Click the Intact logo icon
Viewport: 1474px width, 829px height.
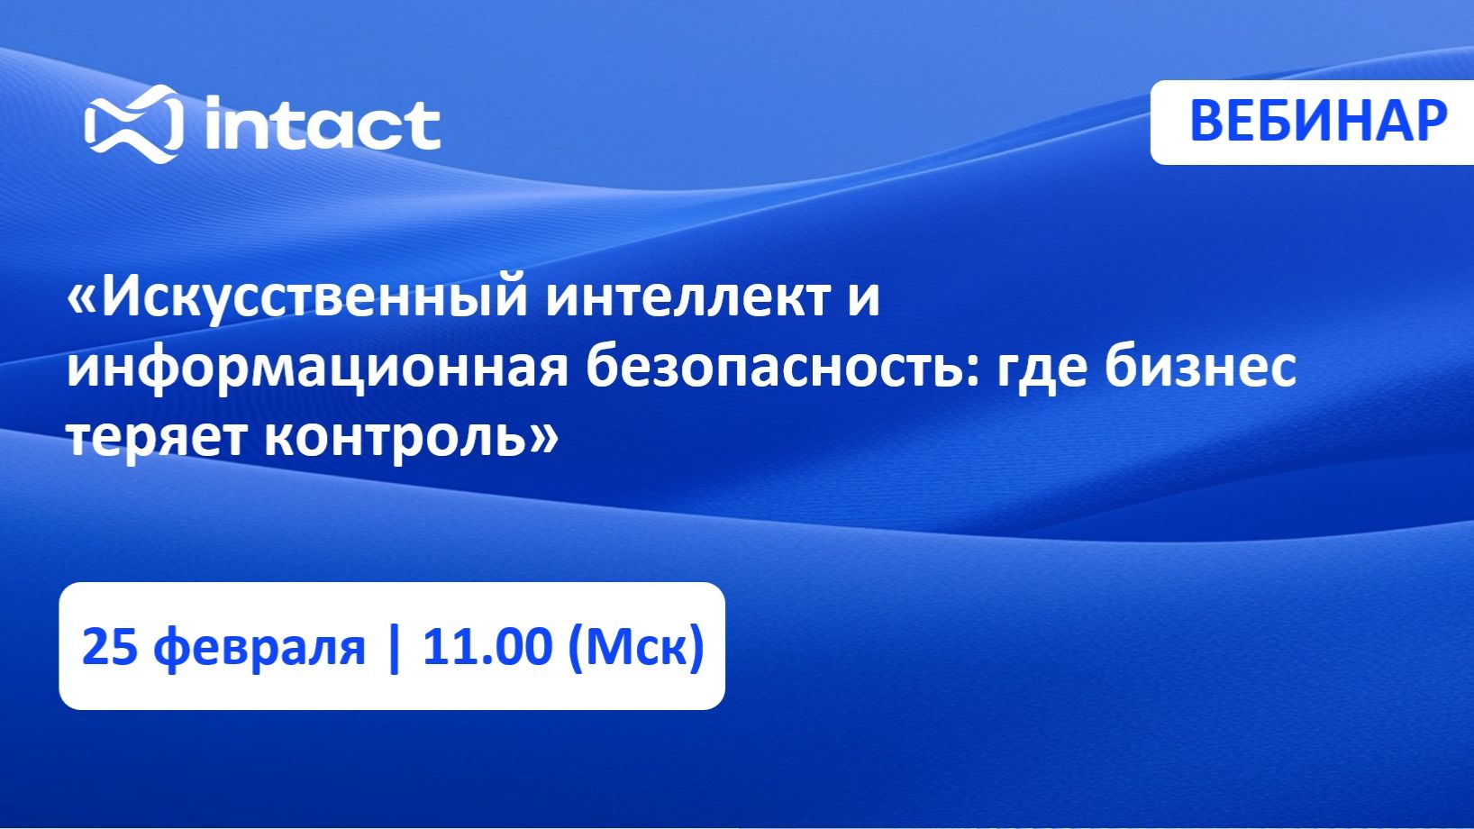pyautogui.click(x=132, y=124)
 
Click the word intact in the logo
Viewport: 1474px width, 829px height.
pyautogui.click(x=323, y=125)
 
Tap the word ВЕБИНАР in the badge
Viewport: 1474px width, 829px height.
pyautogui.click(x=1318, y=121)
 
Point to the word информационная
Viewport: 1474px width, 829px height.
pyautogui.click(x=317, y=367)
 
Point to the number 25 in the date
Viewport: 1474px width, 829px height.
pyautogui.click(x=109, y=647)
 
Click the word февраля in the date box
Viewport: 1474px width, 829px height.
pyautogui.click(x=259, y=648)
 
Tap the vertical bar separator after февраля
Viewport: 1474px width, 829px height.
pyautogui.click(x=393, y=647)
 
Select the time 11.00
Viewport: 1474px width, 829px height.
pyautogui.click(x=487, y=647)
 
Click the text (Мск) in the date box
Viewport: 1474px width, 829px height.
pyautogui.click(x=636, y=648)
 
